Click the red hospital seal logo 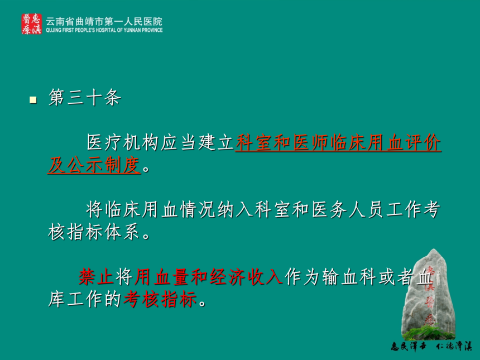(31, 24)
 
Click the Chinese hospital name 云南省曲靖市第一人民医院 (104, 21)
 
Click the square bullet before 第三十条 (33, 100)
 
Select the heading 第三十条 (85, 98)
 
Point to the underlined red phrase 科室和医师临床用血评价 (338, 143)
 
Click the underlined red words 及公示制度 (94, 165)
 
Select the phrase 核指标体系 (94, 232)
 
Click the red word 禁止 (97, 277)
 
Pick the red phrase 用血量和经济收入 (208, 277)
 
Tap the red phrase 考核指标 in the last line (160, 299)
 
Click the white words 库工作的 (84, 299)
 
